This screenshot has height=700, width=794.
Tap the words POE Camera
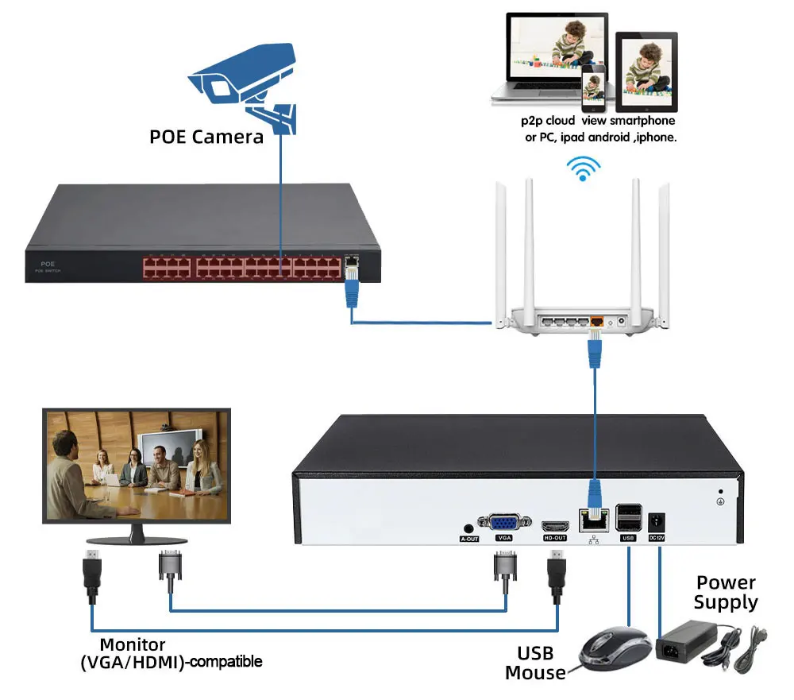point(206,137)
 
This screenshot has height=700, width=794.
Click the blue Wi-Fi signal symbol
point(584,166)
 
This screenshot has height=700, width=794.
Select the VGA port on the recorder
point(504,522)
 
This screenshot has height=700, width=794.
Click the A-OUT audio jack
point(468,528)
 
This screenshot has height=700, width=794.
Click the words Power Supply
point(726,593)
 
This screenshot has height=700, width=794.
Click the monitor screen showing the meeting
point(137,465)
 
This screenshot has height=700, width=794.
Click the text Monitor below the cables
point(133,645)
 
